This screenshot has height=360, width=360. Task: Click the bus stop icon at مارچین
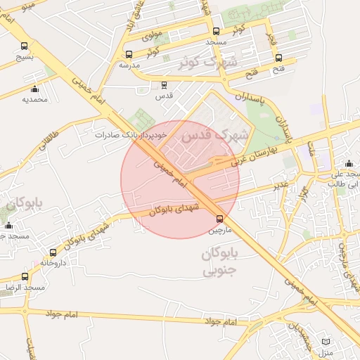(220, 219)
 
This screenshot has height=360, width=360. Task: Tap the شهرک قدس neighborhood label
(211, 137)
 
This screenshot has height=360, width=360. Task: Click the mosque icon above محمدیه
(34, 89)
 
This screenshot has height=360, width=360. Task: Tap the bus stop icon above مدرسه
(128, 54)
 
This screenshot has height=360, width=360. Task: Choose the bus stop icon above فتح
(279, 58)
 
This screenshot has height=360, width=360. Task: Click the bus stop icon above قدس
(165, 84)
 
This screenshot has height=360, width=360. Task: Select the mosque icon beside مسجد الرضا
(25, 277)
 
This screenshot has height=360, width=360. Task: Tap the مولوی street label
(153, 34)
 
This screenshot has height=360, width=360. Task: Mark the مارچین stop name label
(219, 230)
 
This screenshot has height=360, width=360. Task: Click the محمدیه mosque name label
(34, 100)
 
